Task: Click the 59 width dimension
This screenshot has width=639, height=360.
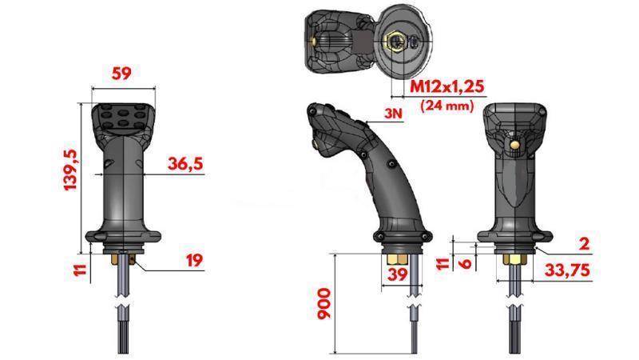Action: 122,74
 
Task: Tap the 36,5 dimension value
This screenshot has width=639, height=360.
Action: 185,163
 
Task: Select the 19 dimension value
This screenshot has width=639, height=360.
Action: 193,259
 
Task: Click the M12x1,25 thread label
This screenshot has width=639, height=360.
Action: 447,86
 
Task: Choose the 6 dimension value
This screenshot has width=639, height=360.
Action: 463,261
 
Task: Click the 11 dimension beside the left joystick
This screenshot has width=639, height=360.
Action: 78,268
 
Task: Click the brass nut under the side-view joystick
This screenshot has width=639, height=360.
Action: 396,260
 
